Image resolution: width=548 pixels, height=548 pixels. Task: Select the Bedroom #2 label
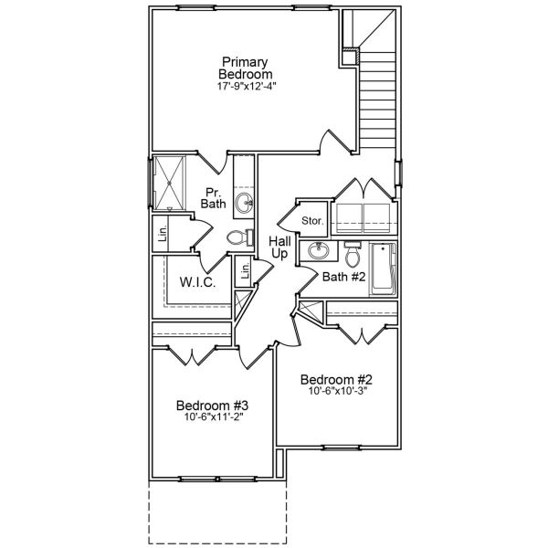(x=337, y=380)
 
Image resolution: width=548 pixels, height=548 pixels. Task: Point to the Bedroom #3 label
(x=212, y=406)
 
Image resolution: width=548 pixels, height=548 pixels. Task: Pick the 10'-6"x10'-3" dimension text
(x=337, y=393)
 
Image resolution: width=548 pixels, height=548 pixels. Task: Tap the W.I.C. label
(x=198, y=283)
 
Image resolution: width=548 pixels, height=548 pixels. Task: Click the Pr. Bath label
(x=214, y=197)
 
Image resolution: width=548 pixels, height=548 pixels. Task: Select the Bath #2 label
(x=343, y=276)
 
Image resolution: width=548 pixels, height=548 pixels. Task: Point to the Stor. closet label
(x=313, y=221)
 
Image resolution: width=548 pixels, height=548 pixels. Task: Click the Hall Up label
(x=279, y=248)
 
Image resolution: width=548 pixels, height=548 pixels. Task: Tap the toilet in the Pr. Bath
(x=238, y=238)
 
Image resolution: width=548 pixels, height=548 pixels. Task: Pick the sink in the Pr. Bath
(x=244, y=202)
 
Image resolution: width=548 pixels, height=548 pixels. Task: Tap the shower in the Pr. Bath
(x=170, y=184)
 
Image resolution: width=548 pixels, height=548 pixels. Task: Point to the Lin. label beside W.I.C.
(x=244, y=271)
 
